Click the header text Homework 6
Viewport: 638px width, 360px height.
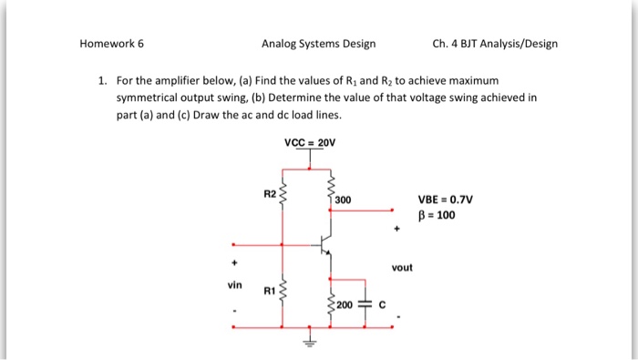point(111,43)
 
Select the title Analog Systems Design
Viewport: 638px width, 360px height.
point(318,43)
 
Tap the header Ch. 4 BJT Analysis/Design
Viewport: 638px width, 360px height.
point(496,43)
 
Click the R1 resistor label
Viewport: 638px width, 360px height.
point(268,291)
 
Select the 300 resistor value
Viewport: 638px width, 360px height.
point(343,200)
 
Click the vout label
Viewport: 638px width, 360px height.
point(402,268)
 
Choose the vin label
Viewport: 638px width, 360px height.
point(235,284)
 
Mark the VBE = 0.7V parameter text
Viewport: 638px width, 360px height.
point(446,201)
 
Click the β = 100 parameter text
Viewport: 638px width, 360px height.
point(437,216)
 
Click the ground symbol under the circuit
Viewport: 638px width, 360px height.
point(310,344)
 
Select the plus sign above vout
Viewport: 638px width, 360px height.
point(396,229)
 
